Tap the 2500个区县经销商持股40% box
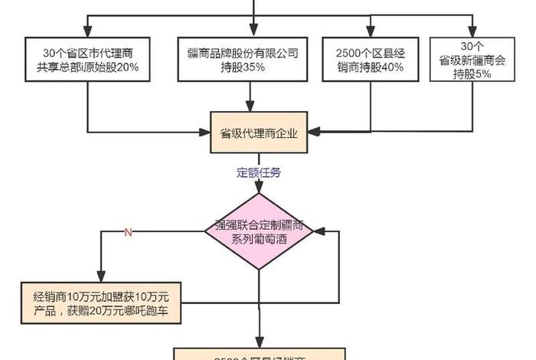[369, 59]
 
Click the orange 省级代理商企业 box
[260, 132]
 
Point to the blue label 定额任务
[260, 172]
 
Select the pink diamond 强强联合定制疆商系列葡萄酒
[260, 231]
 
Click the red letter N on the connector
[128, 231]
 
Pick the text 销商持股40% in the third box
[369, 68]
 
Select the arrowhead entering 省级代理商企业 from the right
[314, 132]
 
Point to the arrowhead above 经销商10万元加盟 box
[100, 278]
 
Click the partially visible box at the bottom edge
[260, 354]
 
